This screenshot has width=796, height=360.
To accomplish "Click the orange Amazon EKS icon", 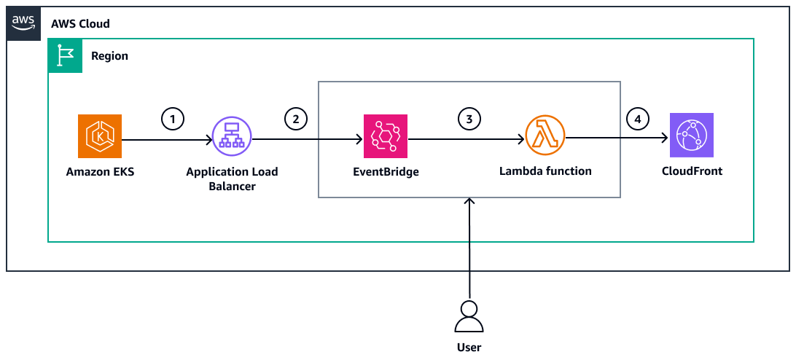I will (100, 136).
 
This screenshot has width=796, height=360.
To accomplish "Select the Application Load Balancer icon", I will (231, 136).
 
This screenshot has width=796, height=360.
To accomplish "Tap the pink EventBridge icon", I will (386, 136).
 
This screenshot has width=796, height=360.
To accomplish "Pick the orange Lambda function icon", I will (545, 136).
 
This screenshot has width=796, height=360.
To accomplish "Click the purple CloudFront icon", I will (691, 136).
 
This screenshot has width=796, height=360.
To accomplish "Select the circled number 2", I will (295, 117).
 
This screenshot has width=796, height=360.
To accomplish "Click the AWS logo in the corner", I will (23, 23).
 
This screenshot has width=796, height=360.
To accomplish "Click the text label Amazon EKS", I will (100, 173).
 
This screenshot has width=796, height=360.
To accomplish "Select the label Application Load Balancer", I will (232, 179).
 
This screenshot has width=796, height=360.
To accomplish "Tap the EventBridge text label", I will (386, 173).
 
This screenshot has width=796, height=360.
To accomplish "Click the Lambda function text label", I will (545, 172).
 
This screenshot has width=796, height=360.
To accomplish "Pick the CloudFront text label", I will (691, 173).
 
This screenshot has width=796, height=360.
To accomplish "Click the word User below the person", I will (469, 348).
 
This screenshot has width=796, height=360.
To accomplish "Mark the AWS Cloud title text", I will (80, 24).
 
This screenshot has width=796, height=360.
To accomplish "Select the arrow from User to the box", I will (469, 248).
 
